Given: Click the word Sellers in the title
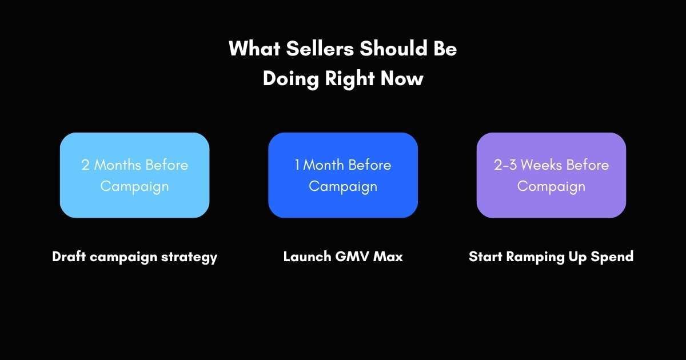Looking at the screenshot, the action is click(x=320, y=49).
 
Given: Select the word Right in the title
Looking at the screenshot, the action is click(x=349, y=79).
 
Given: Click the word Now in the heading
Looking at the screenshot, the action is click(x=402, y=79).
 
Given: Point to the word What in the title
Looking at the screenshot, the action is click(x=254, y=49).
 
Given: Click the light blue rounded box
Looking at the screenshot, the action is click(x=135, y=175).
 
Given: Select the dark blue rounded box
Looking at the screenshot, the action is click(x=343, y=175).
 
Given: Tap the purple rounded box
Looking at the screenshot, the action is click(x=551, y=175).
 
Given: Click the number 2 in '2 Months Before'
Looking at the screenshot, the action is click(x=85, y=165).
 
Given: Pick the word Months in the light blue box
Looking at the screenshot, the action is click(x=117, y=165).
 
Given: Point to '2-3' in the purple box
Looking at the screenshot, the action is click(x=505, y=165).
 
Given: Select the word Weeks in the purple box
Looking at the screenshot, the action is click(x=541, y=165).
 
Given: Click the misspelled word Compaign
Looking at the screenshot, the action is click(x=551, y=187).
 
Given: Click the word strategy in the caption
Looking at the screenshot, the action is click(x=189, y=258).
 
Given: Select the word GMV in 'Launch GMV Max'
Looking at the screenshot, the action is click(x=352, y=257).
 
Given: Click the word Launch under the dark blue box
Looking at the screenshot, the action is click(x=307, y=257).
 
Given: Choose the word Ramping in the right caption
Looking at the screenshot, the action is click(x=535, y=257).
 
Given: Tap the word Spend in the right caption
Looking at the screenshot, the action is click(x=612, y=257).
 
